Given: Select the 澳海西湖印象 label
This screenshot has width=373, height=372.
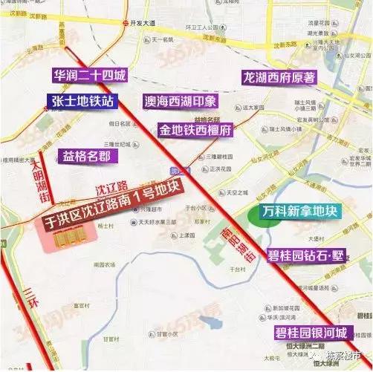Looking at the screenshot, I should tap(181, 101).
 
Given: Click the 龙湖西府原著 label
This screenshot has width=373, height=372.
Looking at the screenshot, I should tap(279, 76).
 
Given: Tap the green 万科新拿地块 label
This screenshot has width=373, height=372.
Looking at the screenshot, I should tap(300, 212).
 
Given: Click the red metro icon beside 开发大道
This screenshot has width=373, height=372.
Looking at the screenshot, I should tap(123, 23).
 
